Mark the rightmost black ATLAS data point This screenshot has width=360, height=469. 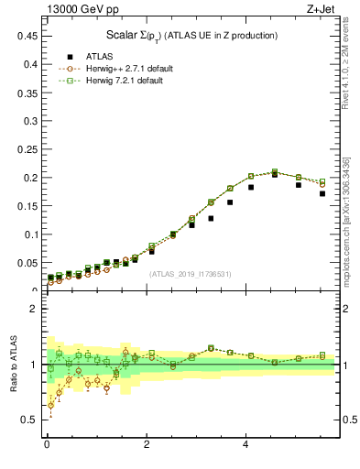tap(322, 193)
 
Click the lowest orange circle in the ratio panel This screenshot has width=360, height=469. tap(50, 405)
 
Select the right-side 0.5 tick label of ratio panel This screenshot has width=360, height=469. tap(347, 420)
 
